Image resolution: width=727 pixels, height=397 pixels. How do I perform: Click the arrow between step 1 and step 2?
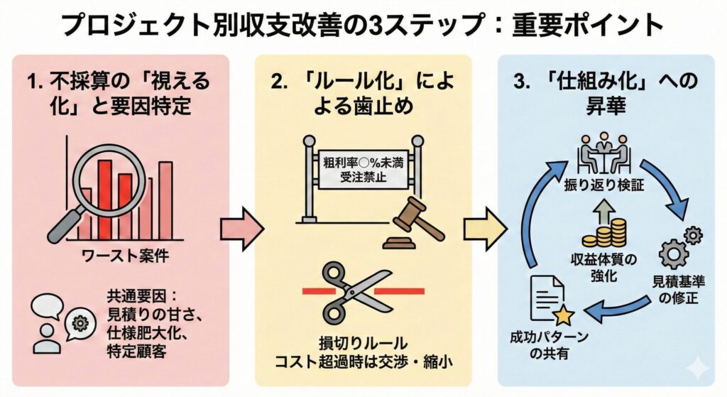pyautogui.click(x=241, y=229)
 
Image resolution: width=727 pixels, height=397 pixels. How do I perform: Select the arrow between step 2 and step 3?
pyautogui.click(x=484, y=229)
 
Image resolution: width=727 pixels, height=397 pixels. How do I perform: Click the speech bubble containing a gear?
pyautogui.click(x=80, y=324)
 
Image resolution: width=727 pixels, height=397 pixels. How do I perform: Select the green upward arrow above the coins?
pyautogui.click(x=607, y=207)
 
